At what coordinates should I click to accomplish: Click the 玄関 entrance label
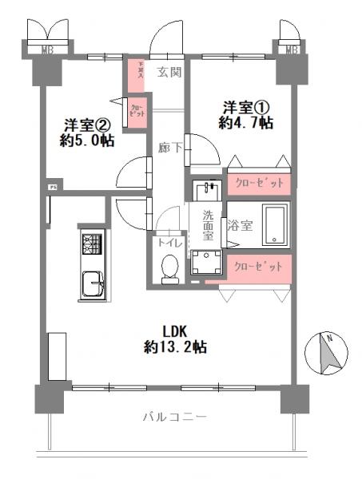[x=169, y=73]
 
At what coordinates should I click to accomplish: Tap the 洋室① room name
[x=239, y=107]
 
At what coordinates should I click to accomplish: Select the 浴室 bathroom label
[x=241, y=225]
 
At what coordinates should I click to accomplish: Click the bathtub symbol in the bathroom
[x=275, y=225]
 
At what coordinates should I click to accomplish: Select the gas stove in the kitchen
[x=91, y=242]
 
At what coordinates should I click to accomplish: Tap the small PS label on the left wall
[x=53, y=188]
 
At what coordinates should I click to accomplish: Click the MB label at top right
[x=292, y=50]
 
